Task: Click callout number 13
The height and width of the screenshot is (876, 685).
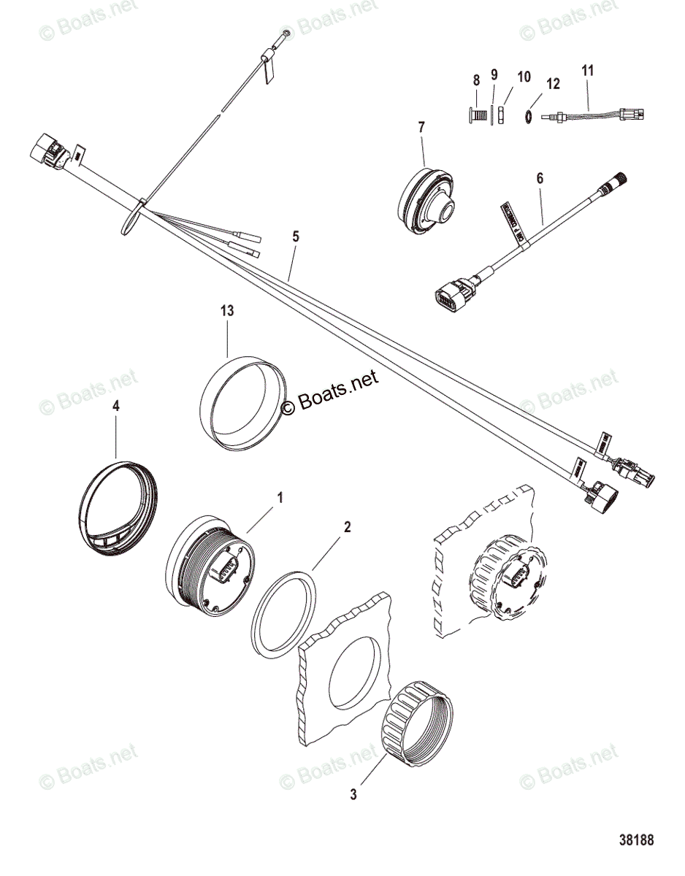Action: click(227, 310)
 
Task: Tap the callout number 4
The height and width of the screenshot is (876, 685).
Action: click(115, 407)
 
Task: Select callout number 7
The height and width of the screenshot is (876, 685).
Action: click(421, 127)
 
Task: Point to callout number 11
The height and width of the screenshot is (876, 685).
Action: click(588, 70)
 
